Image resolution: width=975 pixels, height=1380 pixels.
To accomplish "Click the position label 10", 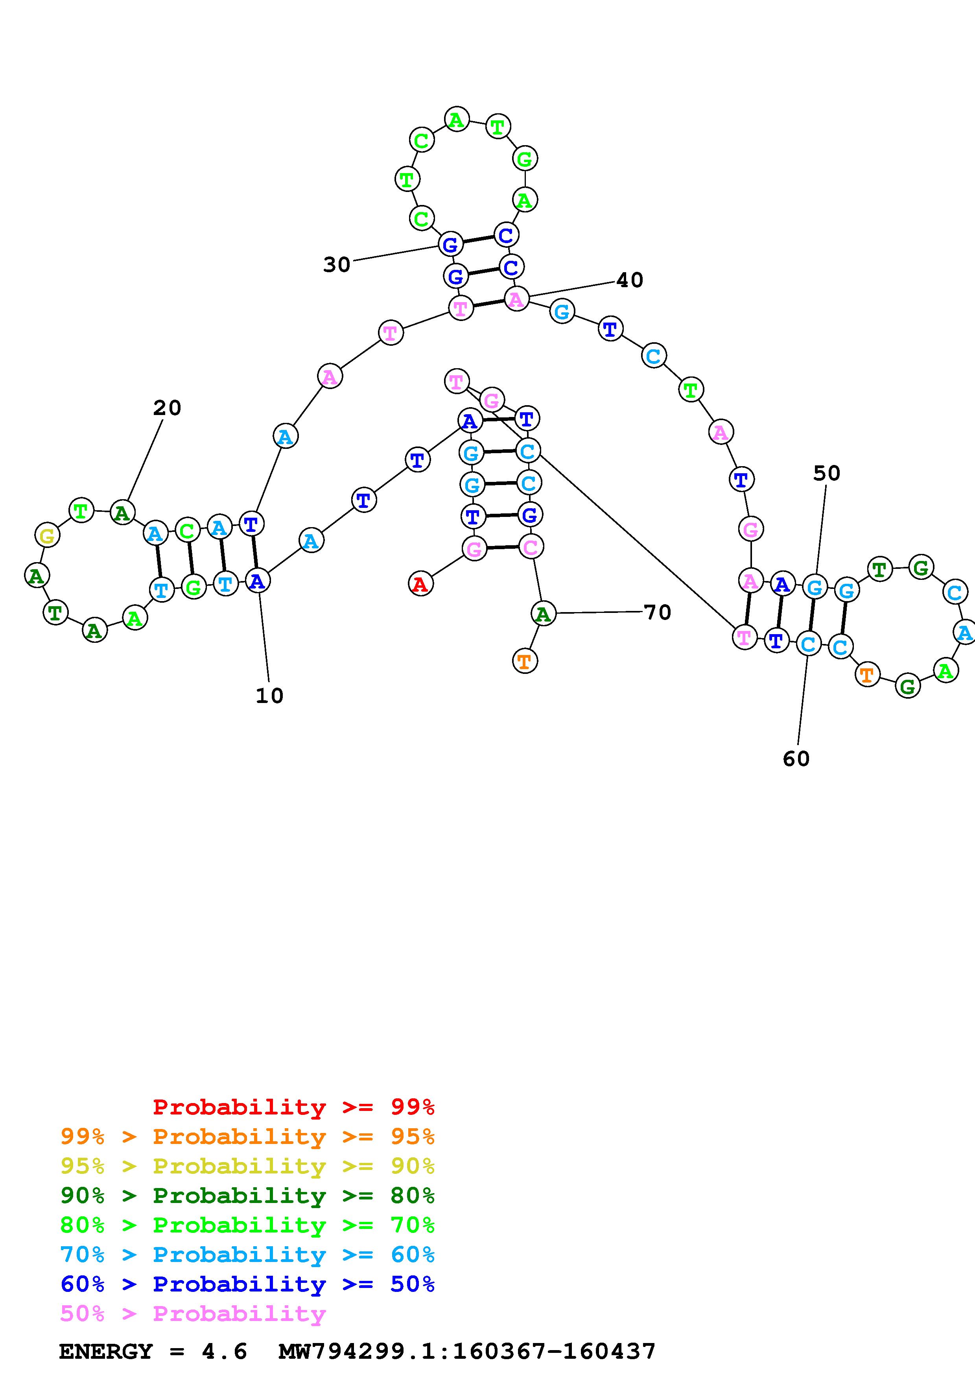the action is pos(269,696).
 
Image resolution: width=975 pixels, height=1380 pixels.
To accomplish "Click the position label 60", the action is pos(796,759).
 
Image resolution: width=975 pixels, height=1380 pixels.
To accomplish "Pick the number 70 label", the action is pos(657,613).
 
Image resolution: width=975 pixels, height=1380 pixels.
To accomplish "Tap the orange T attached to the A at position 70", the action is pos(524,661).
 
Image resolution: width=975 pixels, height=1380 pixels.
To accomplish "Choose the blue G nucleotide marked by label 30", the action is pos(450,245).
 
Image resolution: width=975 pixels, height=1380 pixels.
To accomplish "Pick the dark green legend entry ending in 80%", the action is pos(247,1196).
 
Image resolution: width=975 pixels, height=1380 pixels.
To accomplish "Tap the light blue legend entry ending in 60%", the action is pos(247,1255).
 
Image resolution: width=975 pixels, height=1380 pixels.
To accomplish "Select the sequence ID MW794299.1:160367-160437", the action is pos(467,1352).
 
